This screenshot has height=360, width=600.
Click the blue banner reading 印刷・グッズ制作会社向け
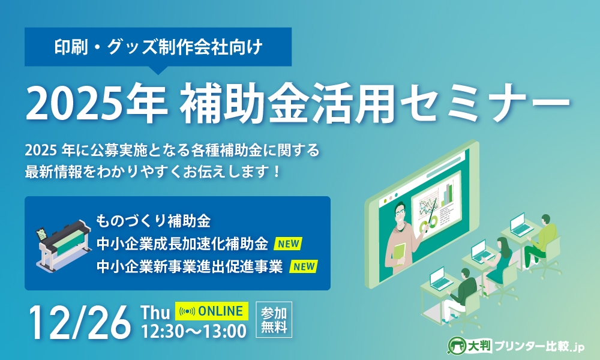[158, 47]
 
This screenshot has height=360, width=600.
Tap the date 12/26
[80, 323]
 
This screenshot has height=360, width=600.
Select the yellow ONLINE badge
[212, 311]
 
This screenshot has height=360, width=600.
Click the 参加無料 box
[274, 319]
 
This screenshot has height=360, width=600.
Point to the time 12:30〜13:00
[194, 331]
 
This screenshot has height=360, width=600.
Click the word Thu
[155, 312]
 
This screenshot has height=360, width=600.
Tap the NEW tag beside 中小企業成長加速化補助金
[288, 244]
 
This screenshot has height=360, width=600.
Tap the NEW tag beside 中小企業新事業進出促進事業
[304, 266]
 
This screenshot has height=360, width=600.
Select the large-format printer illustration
[63, 245]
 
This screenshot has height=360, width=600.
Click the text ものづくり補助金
[153, 221]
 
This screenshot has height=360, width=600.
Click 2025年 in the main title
[97, 104]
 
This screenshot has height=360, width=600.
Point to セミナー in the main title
[485, 104]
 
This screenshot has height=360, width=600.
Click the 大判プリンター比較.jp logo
[515, 346]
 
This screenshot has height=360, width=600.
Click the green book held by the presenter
[399, 254]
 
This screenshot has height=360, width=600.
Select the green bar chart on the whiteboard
[447, 194]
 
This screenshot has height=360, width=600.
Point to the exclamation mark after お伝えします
[277, 172]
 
